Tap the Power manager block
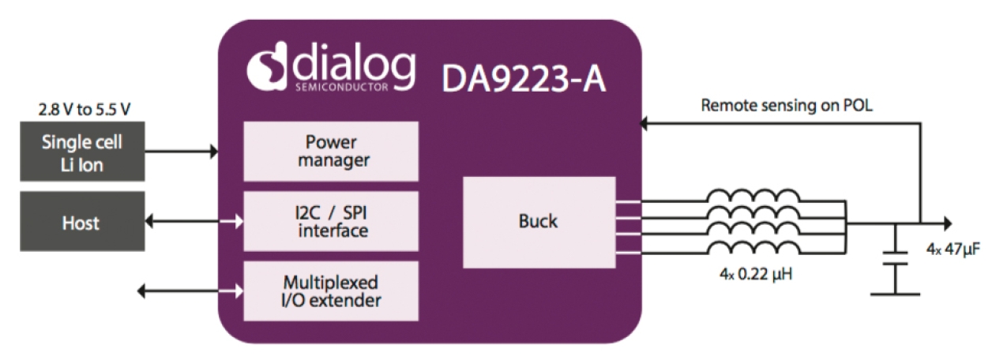pyautogui.click(x=331, y=152)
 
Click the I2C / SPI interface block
pyautogui.click(x=331, y=222)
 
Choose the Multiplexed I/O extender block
pyautogui.click(x=331, y=291)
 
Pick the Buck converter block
pyautogui.click(x=539, y=222)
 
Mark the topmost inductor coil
pyautogui.click(x=752, y=195)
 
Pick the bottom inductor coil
pyautogui.click(x=752, y=247)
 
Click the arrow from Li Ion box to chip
pyautogui.click(x=182, y=150)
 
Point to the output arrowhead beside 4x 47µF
pyautogui.click(x=947, y=224)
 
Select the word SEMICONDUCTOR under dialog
pyautogui.click(x=341, y=85)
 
